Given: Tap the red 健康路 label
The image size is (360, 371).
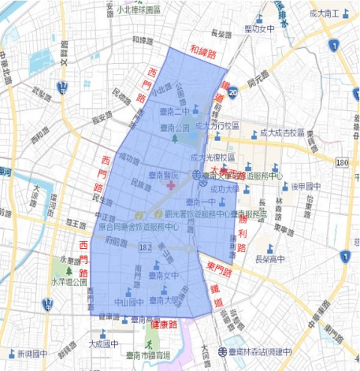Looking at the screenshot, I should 163,325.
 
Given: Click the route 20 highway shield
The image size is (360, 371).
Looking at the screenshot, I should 233,91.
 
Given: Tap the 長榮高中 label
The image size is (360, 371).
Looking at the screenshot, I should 272,259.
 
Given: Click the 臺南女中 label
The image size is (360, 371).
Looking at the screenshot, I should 164,275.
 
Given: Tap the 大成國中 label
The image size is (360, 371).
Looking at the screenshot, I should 103,344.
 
